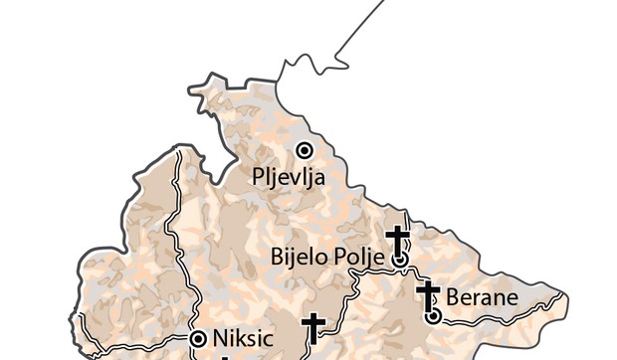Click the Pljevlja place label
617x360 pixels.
coord(289,181)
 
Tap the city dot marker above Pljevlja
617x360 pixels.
coord(305,150)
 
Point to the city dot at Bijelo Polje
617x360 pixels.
coord(400,259)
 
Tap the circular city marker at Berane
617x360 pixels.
coord(434,316)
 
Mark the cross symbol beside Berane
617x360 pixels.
coord(430,295)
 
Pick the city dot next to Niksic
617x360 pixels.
coord(198,337)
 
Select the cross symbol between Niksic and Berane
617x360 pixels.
coord(313,328)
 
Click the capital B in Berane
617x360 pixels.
coord(453,296)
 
